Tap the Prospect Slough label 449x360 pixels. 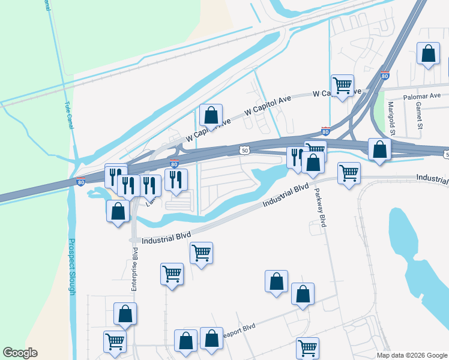(x=71, y=267)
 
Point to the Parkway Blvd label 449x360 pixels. (x=319, y=207)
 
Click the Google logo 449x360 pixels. (x=20, y=353)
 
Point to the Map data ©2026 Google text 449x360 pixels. (x=412, y=355)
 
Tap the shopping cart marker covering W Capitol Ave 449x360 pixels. (x=342, y=85)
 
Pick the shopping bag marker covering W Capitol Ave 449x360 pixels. (x=211, y=114)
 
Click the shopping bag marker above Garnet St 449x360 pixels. (x=428, y=54)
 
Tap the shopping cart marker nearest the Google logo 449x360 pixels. (x=115, y=341)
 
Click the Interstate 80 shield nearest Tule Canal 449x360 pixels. (x=81, y=181)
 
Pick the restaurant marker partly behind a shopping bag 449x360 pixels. (x=295, y=157)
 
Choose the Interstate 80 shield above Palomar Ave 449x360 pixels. (x=385, y=76)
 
